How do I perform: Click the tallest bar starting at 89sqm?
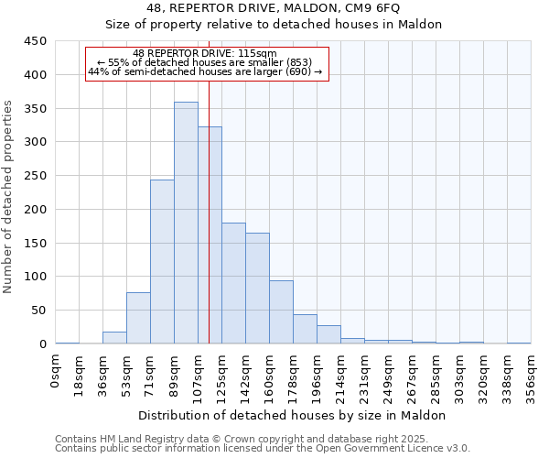point(186,223)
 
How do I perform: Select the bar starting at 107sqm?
point(210,235)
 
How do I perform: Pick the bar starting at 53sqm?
point(138,318)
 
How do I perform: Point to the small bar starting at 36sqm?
point(114,337)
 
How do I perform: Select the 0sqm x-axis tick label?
point(56,372)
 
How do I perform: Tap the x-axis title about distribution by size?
point(293,415)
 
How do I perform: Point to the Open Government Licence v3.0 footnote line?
point(263,448)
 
